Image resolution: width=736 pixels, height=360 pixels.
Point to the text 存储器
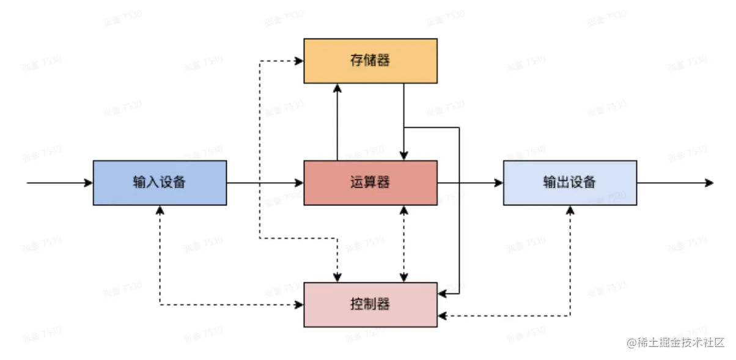(370, 61)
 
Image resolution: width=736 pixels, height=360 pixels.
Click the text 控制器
(370, 304)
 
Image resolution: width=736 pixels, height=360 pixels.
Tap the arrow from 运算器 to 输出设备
(471, 182)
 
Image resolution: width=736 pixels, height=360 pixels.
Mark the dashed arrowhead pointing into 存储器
(300, 61)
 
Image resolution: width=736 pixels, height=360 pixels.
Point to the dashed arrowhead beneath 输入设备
(160, 209)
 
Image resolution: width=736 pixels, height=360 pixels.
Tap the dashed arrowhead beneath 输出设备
(570, 209)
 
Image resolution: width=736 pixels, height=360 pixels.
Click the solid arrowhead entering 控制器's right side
(442, 294)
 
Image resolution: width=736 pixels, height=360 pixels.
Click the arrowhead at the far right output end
(709, 182)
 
